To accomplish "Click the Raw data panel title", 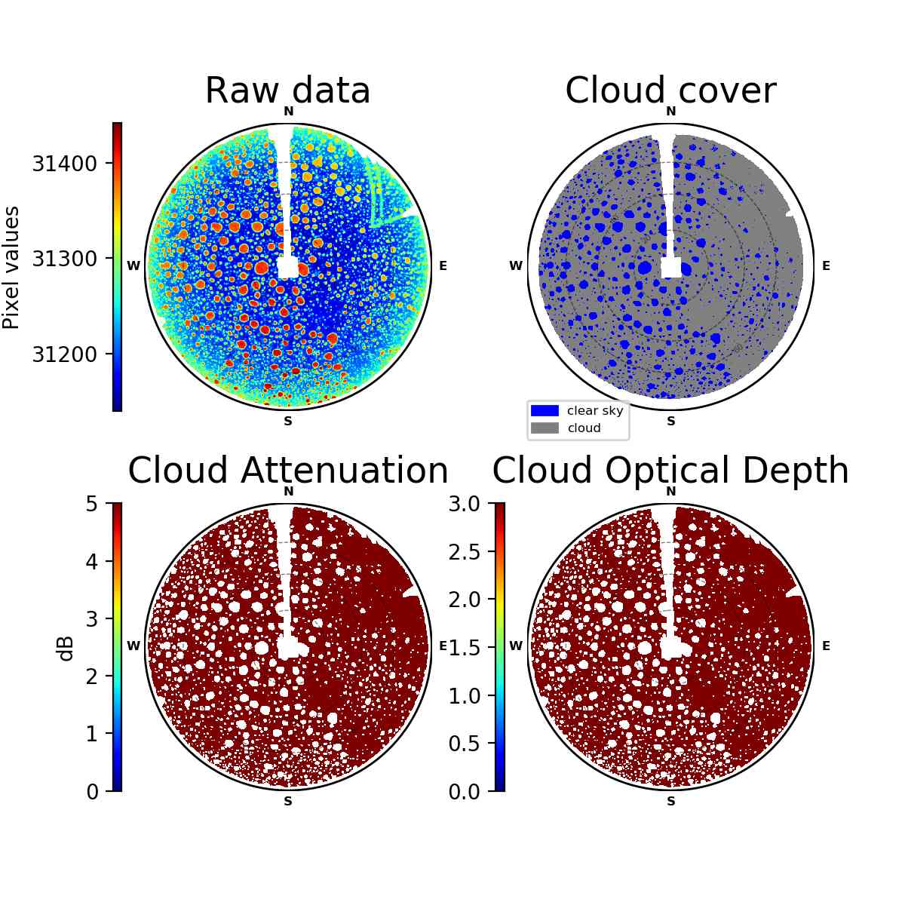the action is pyautogui.click(x=287, y=90).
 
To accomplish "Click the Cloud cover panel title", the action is pyautogui.click(x=670, y=90).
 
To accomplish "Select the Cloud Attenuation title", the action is pyautogui.click(x=288, y=470).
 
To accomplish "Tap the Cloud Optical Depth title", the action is pyautogui.click(x=670, y=470).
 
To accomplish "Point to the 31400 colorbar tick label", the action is pyautogui.click(x=64, y=164).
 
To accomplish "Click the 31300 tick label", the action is pyautogui.click(x=64, y=259).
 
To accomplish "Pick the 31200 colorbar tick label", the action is pyautogui.click(x=64, y=354).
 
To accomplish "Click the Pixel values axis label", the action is pyautogui.click(x=11, y=268).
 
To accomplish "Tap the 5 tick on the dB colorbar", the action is pyautogui.click(x=92, y=504).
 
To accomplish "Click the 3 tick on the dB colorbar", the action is pyautogui.click(x=92, y=619).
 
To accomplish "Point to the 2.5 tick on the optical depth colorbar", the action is pyautogui.click(x=465, y=552).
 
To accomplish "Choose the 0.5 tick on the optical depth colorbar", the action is pyautogui.click(x=465, y=744).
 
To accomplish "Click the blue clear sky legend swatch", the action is pyautogui.click(x=545, y=410).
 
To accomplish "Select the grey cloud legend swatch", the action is pyautogui.click(x=545, y=428).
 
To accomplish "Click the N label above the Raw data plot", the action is pyautogui.click(x=288, y=112).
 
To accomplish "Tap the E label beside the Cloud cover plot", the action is pyautogui.click(x=826, y=265).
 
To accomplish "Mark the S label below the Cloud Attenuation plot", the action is pyautogui.click(x=288, y=801).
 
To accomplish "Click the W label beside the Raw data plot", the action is pyautogui.click(x=133, y=265).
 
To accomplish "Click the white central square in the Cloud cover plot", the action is pyautogui.click(x=670, y=268).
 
